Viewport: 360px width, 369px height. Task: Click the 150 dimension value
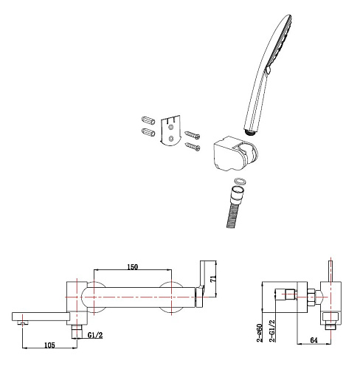[x=133, y=267]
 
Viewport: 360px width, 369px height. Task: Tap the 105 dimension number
[x=49, y=345]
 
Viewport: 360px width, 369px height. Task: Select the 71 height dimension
[x=213, y=279]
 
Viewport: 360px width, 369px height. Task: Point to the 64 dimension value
[x=314, y=340]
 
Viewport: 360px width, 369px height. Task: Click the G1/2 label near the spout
[x=95, y=335]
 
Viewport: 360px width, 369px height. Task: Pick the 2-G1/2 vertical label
[x=272, y=331]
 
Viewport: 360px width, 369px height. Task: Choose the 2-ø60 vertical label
[x=260, y=333]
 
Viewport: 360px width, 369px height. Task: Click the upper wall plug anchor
[x=148, y=120]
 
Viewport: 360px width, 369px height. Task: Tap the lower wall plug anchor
[x=148, y=132]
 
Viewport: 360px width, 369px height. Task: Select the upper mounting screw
[x=193, y=134]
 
